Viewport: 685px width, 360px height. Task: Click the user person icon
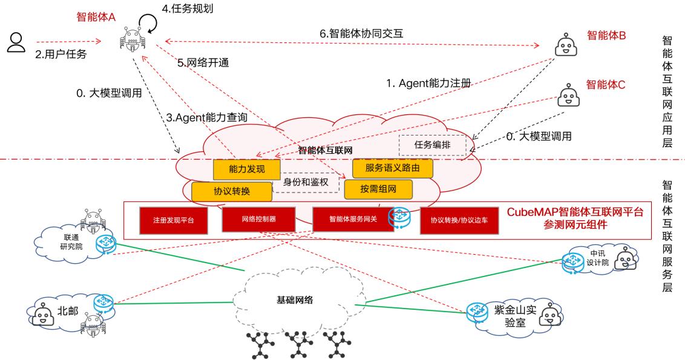click(16, 42)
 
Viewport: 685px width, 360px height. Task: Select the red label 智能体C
click(605, 85)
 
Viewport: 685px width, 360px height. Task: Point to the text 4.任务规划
click(188, 10)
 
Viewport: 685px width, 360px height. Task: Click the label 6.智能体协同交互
click(361, 34)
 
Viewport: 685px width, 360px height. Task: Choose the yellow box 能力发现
click(239, 169)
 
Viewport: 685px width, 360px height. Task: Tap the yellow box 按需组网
click(378, 189)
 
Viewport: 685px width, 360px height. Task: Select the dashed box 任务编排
click(432, 145)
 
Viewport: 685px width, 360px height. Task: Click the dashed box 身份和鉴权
click(305, 181)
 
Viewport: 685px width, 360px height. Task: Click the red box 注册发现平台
click(170, 220)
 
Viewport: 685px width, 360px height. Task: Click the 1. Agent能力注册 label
click(428, 83)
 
